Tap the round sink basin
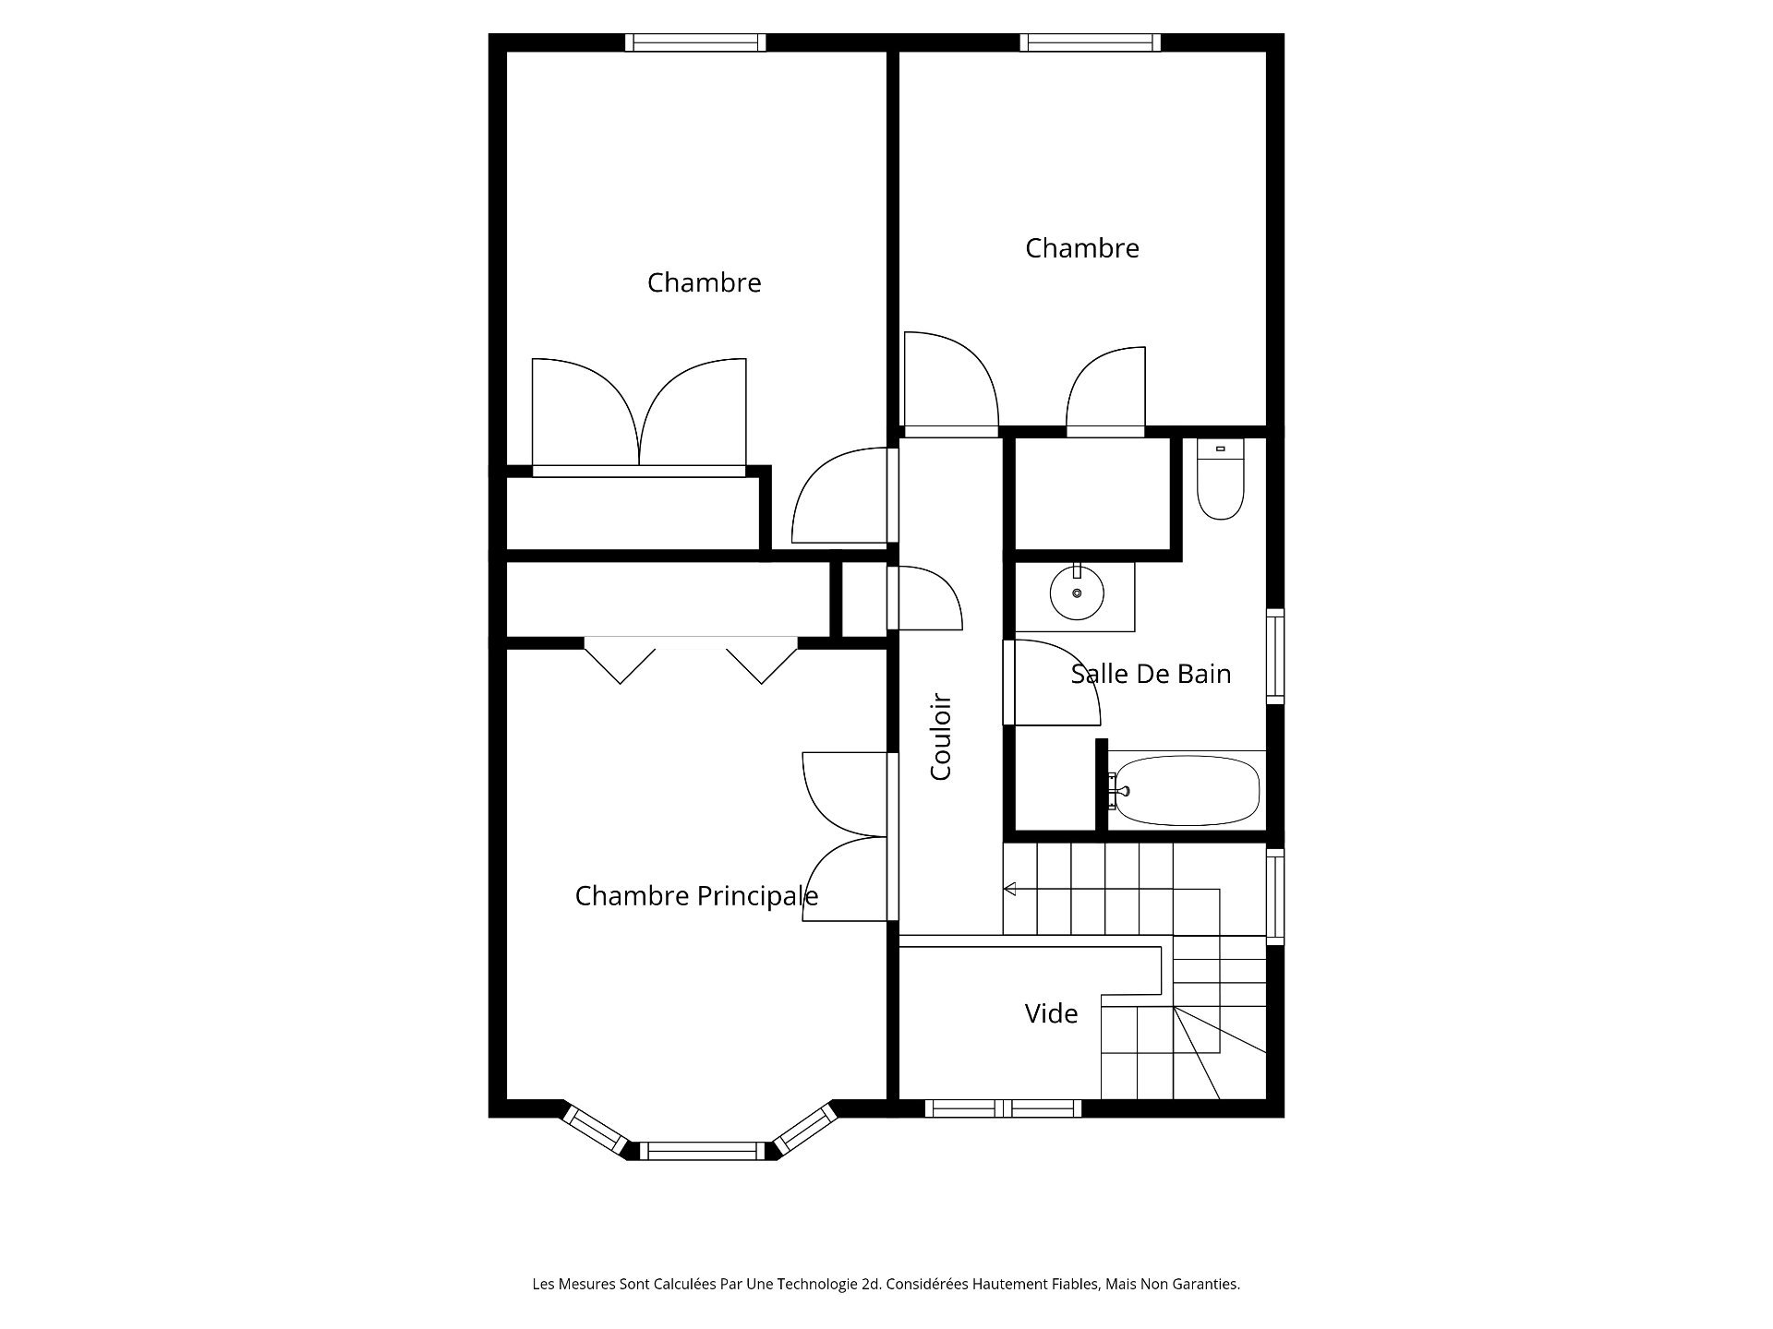(1077, 593)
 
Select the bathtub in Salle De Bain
(1183, 791)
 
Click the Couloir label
(941, 737)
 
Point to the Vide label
(1051, 1013)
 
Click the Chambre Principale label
(696, 896)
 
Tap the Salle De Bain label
(1151, 674)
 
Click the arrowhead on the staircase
(1009, 890)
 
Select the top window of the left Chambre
(695, 42)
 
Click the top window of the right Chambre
(1091, 42)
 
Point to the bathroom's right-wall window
(1274, 656)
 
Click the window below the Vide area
(1004, 1108)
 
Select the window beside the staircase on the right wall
(1274, 896)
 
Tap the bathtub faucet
(1119, 791)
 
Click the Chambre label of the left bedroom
(704, 282)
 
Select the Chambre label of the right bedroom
(1082, 248)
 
